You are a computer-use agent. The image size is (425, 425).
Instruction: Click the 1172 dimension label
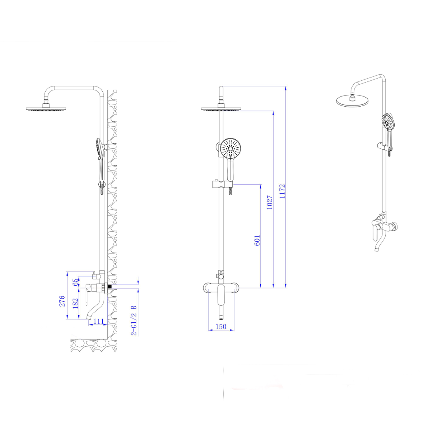click(x=282, y=191)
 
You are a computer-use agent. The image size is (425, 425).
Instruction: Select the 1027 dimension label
click(x=270, y=202)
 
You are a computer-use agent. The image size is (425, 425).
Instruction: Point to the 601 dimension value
click(x=257, y=240)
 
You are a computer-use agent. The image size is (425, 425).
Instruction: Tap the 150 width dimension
click(x=221, y=327)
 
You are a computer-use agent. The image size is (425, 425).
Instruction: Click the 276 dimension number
click(x=62, y=301)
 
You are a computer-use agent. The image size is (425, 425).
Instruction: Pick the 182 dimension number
click(x=75, y=303)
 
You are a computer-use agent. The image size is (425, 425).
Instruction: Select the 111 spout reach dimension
click(x=99, y=321)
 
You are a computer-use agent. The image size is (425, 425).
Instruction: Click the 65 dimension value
click(x=76, y=282)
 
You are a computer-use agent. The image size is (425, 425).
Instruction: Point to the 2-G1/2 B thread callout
click(x=134, y=320)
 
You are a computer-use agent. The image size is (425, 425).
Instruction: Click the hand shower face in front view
click(x=230, y=148)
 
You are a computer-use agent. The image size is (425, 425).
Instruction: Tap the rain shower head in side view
click(x=46, y=109)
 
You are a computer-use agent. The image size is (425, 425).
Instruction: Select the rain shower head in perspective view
click(x=352, y=101)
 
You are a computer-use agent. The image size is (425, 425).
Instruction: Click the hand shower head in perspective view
click(x=388, y=122)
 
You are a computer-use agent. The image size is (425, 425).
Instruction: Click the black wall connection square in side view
click(x=110, y=286)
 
